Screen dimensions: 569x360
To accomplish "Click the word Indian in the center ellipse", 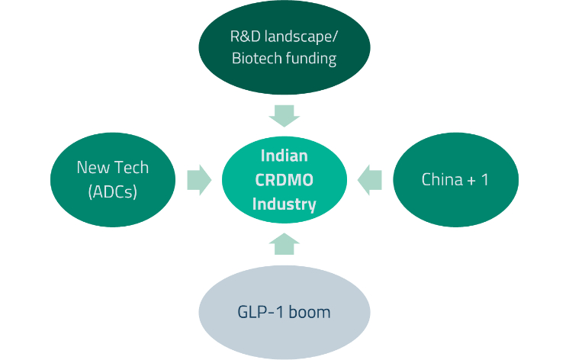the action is point(284,156).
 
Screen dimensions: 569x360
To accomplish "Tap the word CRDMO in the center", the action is point(284,180).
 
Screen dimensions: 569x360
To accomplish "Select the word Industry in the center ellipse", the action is point(284,204).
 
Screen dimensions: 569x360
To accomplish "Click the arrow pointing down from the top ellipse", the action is point(284,116).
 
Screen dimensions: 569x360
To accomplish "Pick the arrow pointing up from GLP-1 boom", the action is point(284,244).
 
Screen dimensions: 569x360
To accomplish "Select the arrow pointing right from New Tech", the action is point(199,180).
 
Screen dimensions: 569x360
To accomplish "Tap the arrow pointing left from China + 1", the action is point(369,180).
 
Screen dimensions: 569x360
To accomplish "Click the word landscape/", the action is point(301,37).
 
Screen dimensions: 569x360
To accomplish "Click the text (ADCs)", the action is point(112,191).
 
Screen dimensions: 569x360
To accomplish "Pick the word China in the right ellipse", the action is point(442,180).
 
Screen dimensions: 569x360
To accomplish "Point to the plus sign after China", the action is point(471,181).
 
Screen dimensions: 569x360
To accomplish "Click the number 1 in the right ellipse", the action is point(484,180).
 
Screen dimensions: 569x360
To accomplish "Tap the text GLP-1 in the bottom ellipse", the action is point(261,312).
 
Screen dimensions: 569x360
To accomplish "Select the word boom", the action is point(310,312).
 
